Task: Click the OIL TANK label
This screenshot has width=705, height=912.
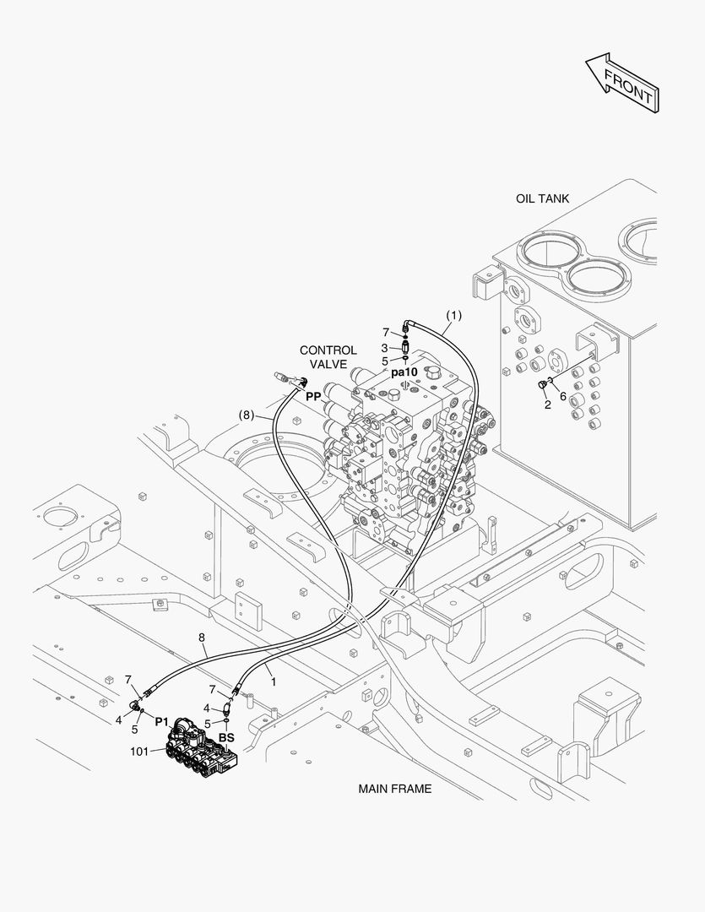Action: click(542, 198)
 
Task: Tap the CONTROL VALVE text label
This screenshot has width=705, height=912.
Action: click(328, 357)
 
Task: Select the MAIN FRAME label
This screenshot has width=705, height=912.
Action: click(395, 789)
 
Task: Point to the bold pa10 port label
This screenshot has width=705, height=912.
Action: click(404, 372)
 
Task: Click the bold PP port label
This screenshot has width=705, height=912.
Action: click(313, 397)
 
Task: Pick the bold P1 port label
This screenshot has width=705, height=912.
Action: click(161, 722)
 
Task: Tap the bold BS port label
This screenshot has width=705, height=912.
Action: click(226, 737)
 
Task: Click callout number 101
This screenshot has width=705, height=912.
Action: click(139, 752)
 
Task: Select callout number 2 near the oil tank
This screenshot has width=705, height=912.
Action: click(547, 405)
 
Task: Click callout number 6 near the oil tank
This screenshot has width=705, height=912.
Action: click(563, 397)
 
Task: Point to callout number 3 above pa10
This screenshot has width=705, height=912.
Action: click(384, 348)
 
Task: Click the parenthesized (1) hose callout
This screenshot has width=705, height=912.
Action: click(453, 315)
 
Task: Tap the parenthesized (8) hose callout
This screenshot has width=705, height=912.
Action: click(247, 415)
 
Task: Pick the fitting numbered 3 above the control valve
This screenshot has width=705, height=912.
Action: click(405, 347)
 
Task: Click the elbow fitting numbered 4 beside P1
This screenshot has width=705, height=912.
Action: click(135, 705)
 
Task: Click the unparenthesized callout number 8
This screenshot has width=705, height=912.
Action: click(202, 638)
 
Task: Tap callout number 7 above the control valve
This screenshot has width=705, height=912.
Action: click(385, 332)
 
